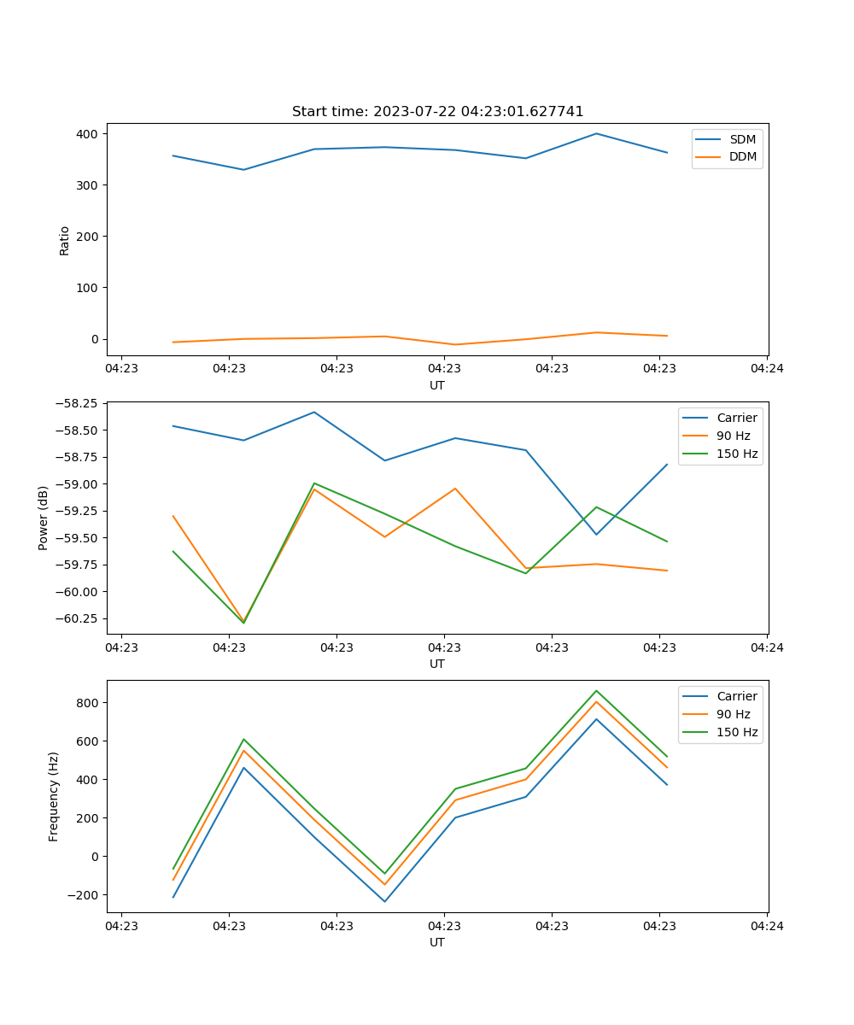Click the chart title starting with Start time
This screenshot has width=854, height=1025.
(x=437, y=112)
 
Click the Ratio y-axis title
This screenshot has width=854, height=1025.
(x=65, y=240)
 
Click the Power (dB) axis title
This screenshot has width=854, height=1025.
(x=44, y=518)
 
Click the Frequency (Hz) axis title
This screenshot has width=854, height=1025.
(x=54, y=796)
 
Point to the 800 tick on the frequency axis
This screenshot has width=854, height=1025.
(x=90, y=703)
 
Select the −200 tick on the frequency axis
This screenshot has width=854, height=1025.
(x=85, y=895)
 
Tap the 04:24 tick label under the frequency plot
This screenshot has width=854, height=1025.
(x=767, y=926)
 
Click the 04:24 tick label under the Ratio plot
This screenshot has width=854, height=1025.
(x=767, y=369)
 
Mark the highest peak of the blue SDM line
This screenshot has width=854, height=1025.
(x=596, y=133)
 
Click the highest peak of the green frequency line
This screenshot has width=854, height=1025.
(x=596, y=690)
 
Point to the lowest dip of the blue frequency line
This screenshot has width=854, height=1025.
(x=384, y=901)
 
